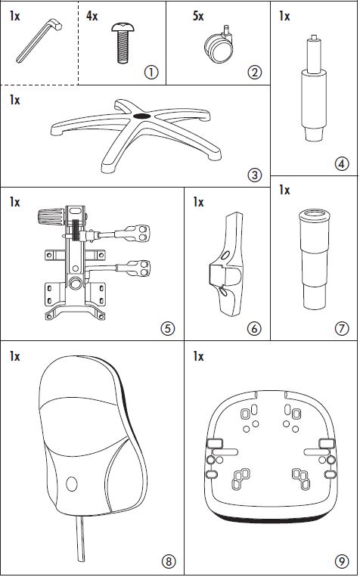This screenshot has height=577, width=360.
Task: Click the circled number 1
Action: click(151, 73)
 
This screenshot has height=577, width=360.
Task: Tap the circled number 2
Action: click(255, 73)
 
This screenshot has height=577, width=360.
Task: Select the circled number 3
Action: click(255, 175)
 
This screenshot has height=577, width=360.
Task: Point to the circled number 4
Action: click(342, 164)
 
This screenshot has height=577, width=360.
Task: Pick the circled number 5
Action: click(168, 328)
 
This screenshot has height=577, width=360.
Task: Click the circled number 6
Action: click(255, 328)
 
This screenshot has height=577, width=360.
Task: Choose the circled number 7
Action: click(342, 328)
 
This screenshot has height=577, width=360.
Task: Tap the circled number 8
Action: click(169, 562)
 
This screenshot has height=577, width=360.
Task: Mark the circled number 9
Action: click(342, 562)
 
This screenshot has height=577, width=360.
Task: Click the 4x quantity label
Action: click(92, 17)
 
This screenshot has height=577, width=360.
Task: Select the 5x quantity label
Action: click(198, 17)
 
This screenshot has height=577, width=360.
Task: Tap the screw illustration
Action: click(123, 42)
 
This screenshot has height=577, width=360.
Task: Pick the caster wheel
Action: click(219, 45)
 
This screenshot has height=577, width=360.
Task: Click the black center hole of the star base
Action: click(141, 116)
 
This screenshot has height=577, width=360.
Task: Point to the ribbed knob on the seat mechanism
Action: click(51, 217)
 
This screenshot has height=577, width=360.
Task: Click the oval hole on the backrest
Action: click(72, 484)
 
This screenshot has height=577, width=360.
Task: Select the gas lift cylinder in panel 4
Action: click(314, 88)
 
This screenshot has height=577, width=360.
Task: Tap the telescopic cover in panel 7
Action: click(314, 259)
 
